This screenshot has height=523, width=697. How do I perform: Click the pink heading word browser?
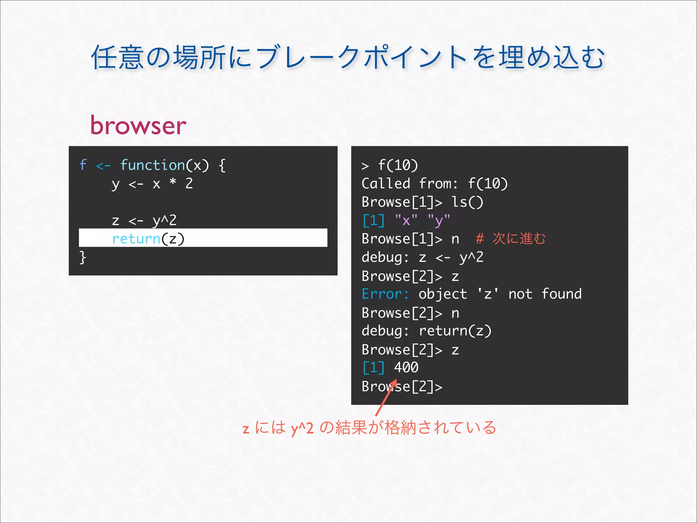point(138,125)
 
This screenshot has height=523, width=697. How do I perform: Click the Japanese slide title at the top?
point(348,57)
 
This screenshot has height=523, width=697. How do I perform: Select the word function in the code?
point(152,165)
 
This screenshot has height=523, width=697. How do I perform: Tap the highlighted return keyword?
point(136,238)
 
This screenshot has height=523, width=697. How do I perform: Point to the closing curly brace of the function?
point(83,257)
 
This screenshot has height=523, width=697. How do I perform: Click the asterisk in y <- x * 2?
point(173,183)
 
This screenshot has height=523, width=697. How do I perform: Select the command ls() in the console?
point(467,202)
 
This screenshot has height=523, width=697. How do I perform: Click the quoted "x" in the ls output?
point(406,221)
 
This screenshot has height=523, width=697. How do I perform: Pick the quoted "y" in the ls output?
point(439,221)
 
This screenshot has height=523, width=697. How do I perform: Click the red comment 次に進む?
point(519,238)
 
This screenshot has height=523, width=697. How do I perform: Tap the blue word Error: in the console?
point(385,294)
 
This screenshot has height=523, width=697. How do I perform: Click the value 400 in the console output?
point(406,367)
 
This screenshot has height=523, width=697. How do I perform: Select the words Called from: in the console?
point(409,184)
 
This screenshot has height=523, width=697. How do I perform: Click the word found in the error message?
point(562,294)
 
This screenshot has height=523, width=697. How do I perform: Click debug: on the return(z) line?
point(385,331)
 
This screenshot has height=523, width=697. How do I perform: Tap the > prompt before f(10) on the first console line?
point(365,166)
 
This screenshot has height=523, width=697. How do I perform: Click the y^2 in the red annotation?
point(302,428)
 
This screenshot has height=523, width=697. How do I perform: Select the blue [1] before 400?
point(373,367)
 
